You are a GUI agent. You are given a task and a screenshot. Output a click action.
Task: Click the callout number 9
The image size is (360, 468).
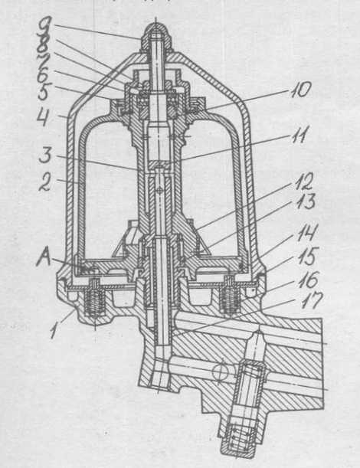click(x=45, y=25)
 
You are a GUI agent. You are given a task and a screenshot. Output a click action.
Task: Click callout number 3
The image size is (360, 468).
click(x=45, y=155)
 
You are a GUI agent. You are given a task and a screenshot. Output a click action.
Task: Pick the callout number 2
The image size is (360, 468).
click(x=45, y=181)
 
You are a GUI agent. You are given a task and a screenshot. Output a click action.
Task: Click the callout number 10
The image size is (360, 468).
click(x=300, y=90)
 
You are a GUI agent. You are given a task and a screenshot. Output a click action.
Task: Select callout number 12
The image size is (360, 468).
click(x=304, y=182)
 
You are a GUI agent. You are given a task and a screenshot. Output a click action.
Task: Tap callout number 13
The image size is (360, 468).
click(x=306, y=201)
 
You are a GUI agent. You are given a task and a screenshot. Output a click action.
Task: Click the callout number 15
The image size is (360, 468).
click(x=308, y=256)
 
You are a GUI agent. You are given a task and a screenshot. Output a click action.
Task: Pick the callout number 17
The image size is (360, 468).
click(x=310, y=301)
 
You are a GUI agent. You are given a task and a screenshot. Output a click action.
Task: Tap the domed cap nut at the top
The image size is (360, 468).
click(x=156, y=38)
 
